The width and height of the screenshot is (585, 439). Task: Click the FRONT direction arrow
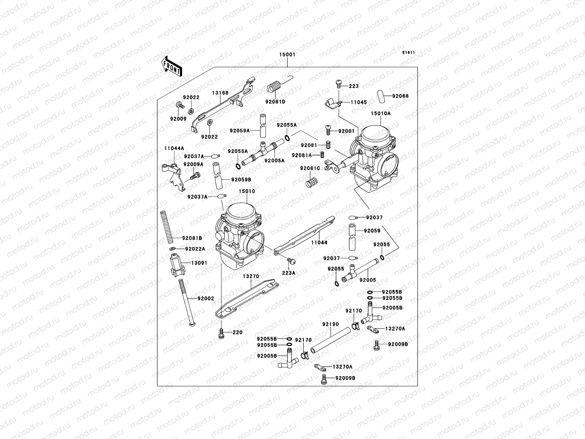[171, 66]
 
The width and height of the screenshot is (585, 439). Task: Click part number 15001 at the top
[287, 55]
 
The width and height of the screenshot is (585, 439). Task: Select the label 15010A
[381, 113]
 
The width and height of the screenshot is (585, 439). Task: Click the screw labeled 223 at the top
[338, 85]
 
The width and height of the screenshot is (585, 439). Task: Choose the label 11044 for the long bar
[319, 242]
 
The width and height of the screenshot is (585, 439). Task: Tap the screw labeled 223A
[291, 261]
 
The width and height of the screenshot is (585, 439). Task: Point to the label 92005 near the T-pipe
[367, 280]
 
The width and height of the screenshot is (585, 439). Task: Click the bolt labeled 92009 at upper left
[180, 105]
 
